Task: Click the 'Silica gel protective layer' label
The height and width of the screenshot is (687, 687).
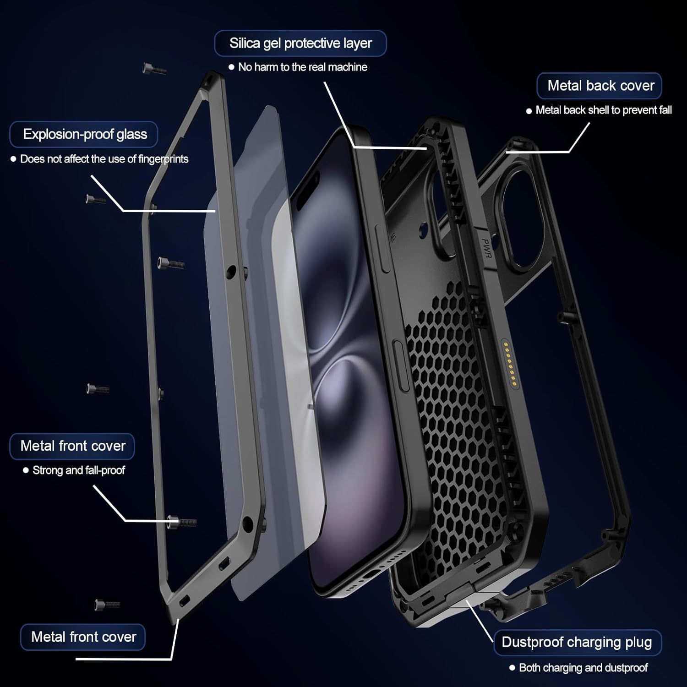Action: (300, 43)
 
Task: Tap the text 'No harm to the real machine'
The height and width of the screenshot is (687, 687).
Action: (302, 67)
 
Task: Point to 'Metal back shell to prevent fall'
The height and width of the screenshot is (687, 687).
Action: (603, 110)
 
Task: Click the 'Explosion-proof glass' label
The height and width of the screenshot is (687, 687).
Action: (85, 134)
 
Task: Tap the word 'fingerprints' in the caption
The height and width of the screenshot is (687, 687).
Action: (163, 159)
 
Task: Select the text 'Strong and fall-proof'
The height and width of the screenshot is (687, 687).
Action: (78, 470)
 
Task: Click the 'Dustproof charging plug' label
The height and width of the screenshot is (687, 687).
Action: (577, 642)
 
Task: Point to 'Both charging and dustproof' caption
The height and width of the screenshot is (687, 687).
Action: (583, 668)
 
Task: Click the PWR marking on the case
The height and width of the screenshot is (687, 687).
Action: (486, 248)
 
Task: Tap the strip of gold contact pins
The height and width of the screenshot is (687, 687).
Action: (509, 362)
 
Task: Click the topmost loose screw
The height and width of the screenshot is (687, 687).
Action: (154, 69)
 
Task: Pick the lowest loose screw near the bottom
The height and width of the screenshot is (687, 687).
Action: (107, 605)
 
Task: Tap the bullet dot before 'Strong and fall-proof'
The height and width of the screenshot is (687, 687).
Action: (26, 470)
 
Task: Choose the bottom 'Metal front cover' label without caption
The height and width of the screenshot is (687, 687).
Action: (83, 637)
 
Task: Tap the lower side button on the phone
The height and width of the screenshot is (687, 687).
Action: (401, 366)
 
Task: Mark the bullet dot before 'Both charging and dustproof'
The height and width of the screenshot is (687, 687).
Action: (512, 668)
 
